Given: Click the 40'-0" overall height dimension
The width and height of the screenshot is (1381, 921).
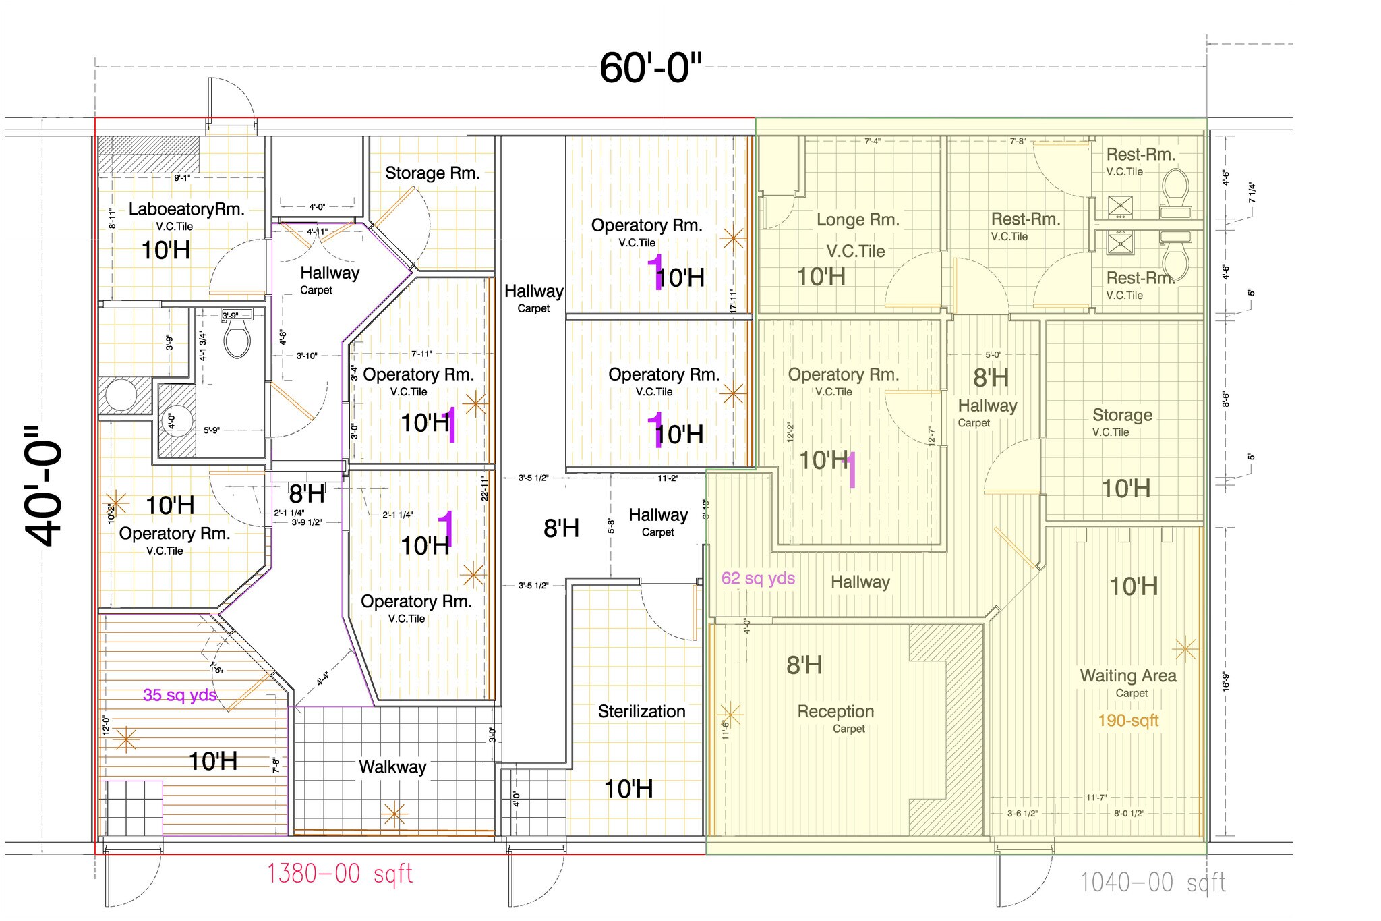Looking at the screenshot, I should [x=44, y=486].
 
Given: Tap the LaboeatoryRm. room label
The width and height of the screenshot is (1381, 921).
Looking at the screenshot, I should [x=186, y=209].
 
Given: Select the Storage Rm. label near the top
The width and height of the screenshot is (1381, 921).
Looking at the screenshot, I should [x=432, y=173].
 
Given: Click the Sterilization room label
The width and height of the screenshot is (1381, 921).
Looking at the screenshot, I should [x=641, y=711].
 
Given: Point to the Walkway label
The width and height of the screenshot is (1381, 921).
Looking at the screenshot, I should [x=392, y=767].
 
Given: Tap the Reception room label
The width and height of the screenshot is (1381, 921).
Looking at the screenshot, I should [x=835, y=711].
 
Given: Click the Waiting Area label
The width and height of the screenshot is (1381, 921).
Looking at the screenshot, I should [x=1128, y=675].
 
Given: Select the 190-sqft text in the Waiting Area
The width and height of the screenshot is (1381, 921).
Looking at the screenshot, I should [x=1128, y=721].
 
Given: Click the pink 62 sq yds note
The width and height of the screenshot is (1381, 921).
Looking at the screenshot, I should [x=758, y=578].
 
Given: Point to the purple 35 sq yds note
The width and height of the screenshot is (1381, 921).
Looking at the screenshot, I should [x=179, y=695].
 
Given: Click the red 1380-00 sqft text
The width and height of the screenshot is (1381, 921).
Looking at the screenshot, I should [x=339, y=874].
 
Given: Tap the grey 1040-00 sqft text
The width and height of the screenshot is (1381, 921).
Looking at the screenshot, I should [x=1152, y=883].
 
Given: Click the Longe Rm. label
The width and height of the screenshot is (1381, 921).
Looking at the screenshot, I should [x=858, y=220].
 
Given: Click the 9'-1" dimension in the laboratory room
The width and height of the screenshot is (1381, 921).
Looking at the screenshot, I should [x=182, y=178].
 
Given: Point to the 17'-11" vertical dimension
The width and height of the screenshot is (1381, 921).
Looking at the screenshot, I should [x=733, y=301].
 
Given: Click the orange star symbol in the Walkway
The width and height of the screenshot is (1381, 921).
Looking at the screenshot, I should [x=394, y=814].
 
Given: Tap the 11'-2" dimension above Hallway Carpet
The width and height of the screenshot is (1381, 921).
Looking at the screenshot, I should [x=668, y=478].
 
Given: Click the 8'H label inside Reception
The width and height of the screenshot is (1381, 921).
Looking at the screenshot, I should [x=804, y=665].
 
